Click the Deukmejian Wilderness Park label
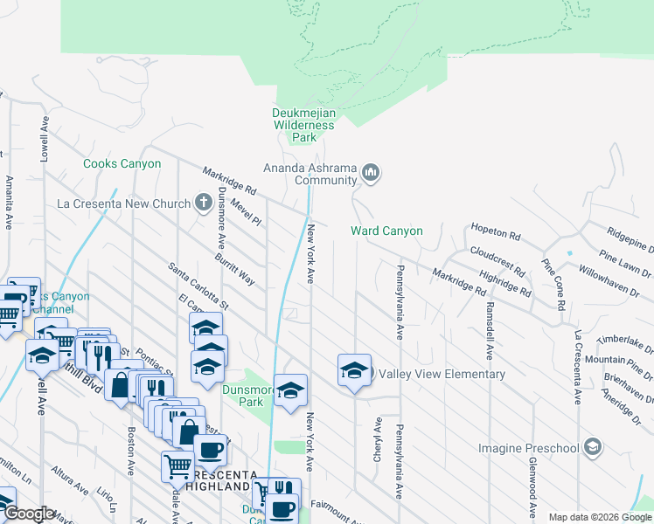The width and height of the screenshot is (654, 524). [x=303, y=125]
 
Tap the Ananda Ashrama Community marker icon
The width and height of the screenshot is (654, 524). [x=372, y=173]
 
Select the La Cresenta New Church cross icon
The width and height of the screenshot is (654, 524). [x=203, y=204]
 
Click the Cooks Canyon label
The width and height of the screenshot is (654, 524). [x=122, y=163]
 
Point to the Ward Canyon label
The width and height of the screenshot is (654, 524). [x=386, y=231]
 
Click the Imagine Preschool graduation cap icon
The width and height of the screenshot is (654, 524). [x=593, y=448]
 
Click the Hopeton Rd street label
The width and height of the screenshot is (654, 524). [x=495, y=236]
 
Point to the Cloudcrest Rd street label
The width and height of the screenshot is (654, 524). [x=497, y=259]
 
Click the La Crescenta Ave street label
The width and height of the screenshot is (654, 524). [x=577, y=367]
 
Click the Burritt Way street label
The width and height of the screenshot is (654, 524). [x=235, y=270]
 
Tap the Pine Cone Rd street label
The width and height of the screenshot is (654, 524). [x=556, y=283]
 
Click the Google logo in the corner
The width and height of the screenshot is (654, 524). [x=29, y=514]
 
